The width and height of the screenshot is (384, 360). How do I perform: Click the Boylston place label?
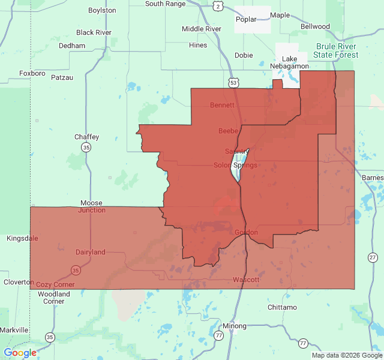click(102, 11)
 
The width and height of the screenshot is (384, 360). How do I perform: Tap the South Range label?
click(165, 4)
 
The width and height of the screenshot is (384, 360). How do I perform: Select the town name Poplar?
click(246, 19)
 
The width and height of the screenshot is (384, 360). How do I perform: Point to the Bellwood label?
click(315, 26)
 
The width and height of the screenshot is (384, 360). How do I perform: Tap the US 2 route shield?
click(217, 5)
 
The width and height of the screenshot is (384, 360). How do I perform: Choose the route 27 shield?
click(373, 257)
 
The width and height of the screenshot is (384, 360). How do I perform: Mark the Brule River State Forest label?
click(338, 50)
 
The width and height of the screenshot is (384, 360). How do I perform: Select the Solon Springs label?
click(235, 165)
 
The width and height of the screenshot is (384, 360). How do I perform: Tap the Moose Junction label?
click(91, 207)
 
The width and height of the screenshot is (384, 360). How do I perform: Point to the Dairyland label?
click(90, 253)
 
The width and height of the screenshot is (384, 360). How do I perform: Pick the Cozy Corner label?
click(55, 284)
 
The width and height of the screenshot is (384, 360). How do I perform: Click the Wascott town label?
click(246, 280)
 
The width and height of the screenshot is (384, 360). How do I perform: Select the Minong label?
click(234, 326)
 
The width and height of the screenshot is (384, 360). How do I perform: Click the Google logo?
click(20, 353)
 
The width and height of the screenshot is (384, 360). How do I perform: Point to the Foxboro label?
click(32, 73)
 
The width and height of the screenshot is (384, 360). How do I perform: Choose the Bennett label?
click(222, 105)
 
